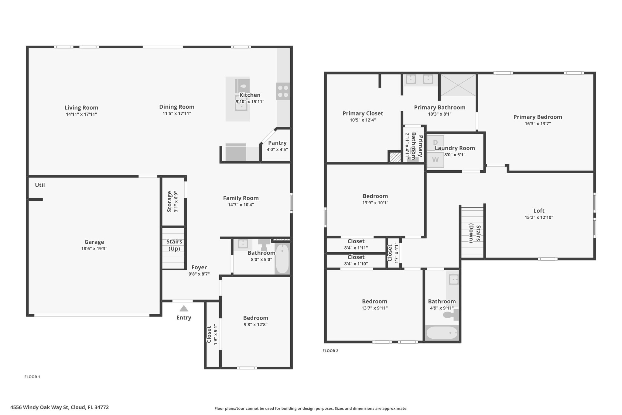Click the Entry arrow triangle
tap(184, 309)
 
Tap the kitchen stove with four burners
tap(283, 91)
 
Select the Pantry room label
tap(277, 143)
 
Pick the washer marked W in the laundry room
tap(436, 160)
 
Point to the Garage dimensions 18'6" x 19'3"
tap(94, 249)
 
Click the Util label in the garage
tap(40, 185)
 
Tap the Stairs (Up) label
tap(174, 245)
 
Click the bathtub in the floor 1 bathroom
tap(282, 258)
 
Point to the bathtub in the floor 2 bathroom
tap(442, 333)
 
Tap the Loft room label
tap(539, 211)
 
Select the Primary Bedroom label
tap(538, 117)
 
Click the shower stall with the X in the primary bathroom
tap(458, 85)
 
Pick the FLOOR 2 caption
tap(330, 351)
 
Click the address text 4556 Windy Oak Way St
tap(39, 407)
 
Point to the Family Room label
tap(241, 198)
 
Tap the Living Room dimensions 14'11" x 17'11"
tap(81, 114)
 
